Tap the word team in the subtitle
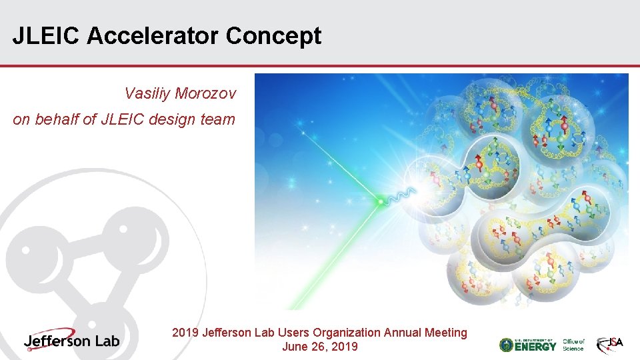pos(218,120)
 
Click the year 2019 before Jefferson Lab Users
pos(185,332)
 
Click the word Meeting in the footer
pos(445,332)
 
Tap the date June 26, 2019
pos(319,347)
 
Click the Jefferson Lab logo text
pos(72,340)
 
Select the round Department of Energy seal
pos(507,345)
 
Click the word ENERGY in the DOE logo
pos(536,345)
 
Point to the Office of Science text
pos(573,345)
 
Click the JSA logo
pos(610,344)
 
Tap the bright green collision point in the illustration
pos(381,200)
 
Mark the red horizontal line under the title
pos(320,66)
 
